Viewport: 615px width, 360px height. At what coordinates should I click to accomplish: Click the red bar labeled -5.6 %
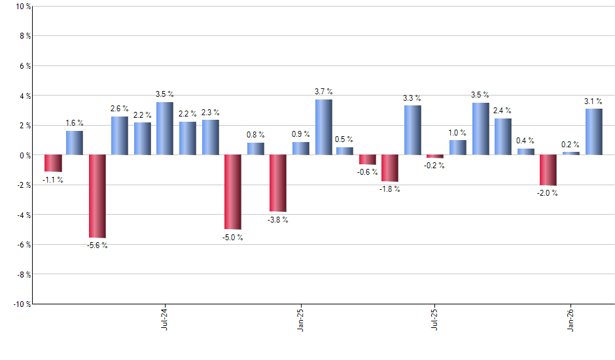point(97,196)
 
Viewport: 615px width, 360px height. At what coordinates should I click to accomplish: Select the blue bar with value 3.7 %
point(323,127)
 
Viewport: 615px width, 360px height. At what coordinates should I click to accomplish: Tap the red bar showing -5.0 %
point(233,192)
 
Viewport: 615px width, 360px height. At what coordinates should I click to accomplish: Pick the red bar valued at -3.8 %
point(278,183)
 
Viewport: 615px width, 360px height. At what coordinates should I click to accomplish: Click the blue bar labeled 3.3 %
point(412,130)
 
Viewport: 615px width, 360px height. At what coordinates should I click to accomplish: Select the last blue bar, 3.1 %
point(593,132)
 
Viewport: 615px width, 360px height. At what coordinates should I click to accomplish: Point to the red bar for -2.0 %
point(548,170)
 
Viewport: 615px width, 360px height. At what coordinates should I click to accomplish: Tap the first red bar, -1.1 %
point(53,163)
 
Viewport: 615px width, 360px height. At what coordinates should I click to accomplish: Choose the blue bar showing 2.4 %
point(502,137)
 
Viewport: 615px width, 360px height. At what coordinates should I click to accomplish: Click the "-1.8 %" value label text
point(390,189)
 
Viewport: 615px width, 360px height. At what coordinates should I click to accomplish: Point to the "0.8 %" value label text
point(255,135)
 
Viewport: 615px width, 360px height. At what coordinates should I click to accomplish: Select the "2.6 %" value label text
point(120,109)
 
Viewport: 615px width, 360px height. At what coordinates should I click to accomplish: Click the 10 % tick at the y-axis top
point(22,7)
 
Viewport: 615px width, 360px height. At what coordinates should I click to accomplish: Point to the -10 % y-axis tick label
point(20,304)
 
